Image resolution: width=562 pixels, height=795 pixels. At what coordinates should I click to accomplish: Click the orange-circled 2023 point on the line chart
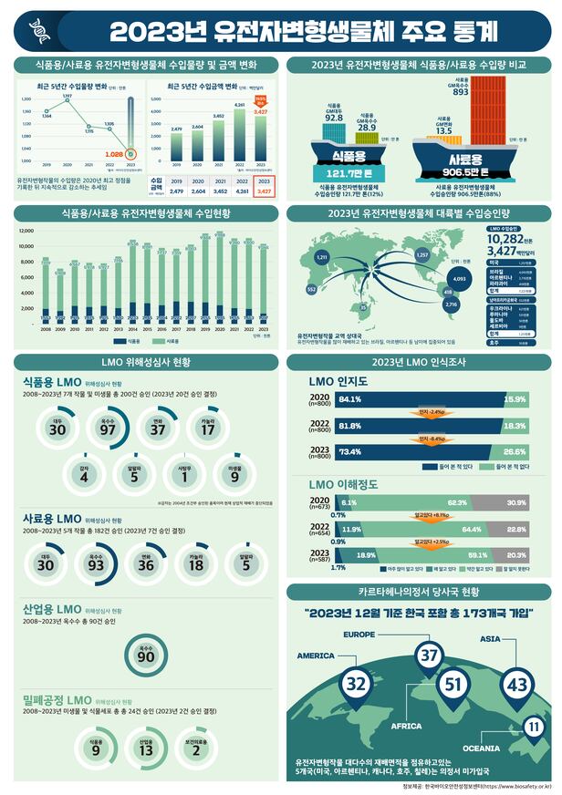tap(133, 154)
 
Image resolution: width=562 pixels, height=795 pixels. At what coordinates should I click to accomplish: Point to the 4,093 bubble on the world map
tap(459, 280)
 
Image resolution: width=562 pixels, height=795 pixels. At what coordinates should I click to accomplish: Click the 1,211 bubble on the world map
tap(321, 258)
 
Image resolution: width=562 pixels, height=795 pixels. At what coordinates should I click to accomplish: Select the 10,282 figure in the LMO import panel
tap(505, 237)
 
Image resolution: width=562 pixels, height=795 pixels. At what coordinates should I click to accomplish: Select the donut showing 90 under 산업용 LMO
tap(144, 656)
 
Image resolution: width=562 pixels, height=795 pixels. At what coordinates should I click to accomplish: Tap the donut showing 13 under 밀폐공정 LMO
tap(145, 749)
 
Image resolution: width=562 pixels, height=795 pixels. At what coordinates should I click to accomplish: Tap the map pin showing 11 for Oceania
tap(533, 727)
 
